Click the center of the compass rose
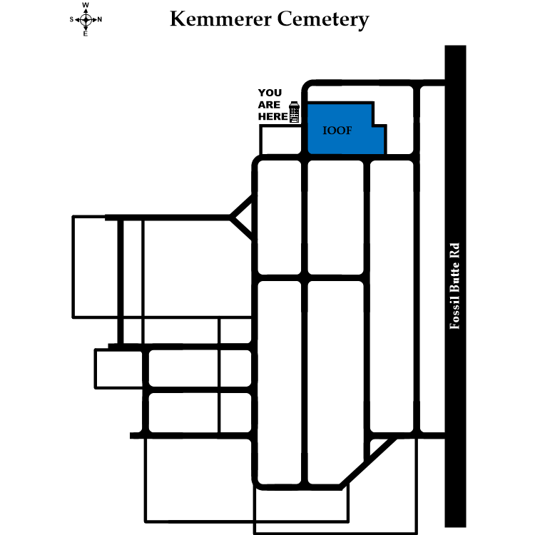[86, 19]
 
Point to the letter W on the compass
[86, 6]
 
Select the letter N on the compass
[99, 19]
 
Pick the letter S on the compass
[72, 19]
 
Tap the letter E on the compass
[86, 33]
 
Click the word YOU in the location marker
[270, 93]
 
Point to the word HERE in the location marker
[271, 117]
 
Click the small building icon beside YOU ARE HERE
[293, 113]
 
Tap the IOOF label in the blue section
[335, 132]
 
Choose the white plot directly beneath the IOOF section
[335, 218]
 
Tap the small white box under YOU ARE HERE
[282, 140]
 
